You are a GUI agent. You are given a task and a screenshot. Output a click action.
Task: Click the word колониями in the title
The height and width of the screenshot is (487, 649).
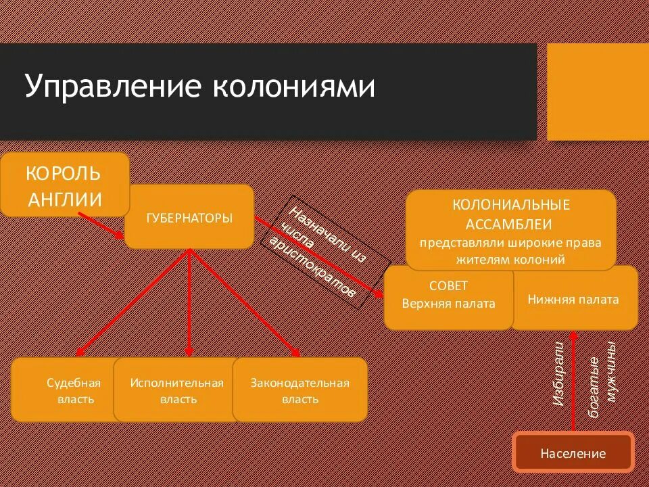(x=295, y=88)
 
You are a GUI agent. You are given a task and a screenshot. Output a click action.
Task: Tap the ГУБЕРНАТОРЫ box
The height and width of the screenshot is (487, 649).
(x=189, y=218)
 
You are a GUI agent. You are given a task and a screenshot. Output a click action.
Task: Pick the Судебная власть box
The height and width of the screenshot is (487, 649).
(x=73, y=390)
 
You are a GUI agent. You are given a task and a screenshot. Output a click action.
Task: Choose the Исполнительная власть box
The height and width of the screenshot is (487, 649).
(x=177, y=390)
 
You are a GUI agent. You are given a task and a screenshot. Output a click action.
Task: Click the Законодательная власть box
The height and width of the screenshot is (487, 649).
(x=299, y=390)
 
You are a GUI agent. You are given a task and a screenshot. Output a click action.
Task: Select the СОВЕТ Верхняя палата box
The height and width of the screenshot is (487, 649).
(x=448, y=296)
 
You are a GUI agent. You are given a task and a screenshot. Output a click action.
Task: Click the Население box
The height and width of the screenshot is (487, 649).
(x=573, y=454)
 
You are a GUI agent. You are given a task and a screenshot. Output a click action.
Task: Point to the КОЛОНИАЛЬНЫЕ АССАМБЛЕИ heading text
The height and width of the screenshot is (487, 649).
(x=511, y=214)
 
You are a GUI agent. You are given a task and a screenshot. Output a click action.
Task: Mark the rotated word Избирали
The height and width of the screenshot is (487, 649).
(x=558, y=375)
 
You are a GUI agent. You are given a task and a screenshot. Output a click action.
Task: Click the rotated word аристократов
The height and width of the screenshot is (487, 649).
(x=312, y=268)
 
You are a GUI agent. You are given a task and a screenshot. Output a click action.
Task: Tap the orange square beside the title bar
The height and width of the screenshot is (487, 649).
(x=598, y=92)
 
